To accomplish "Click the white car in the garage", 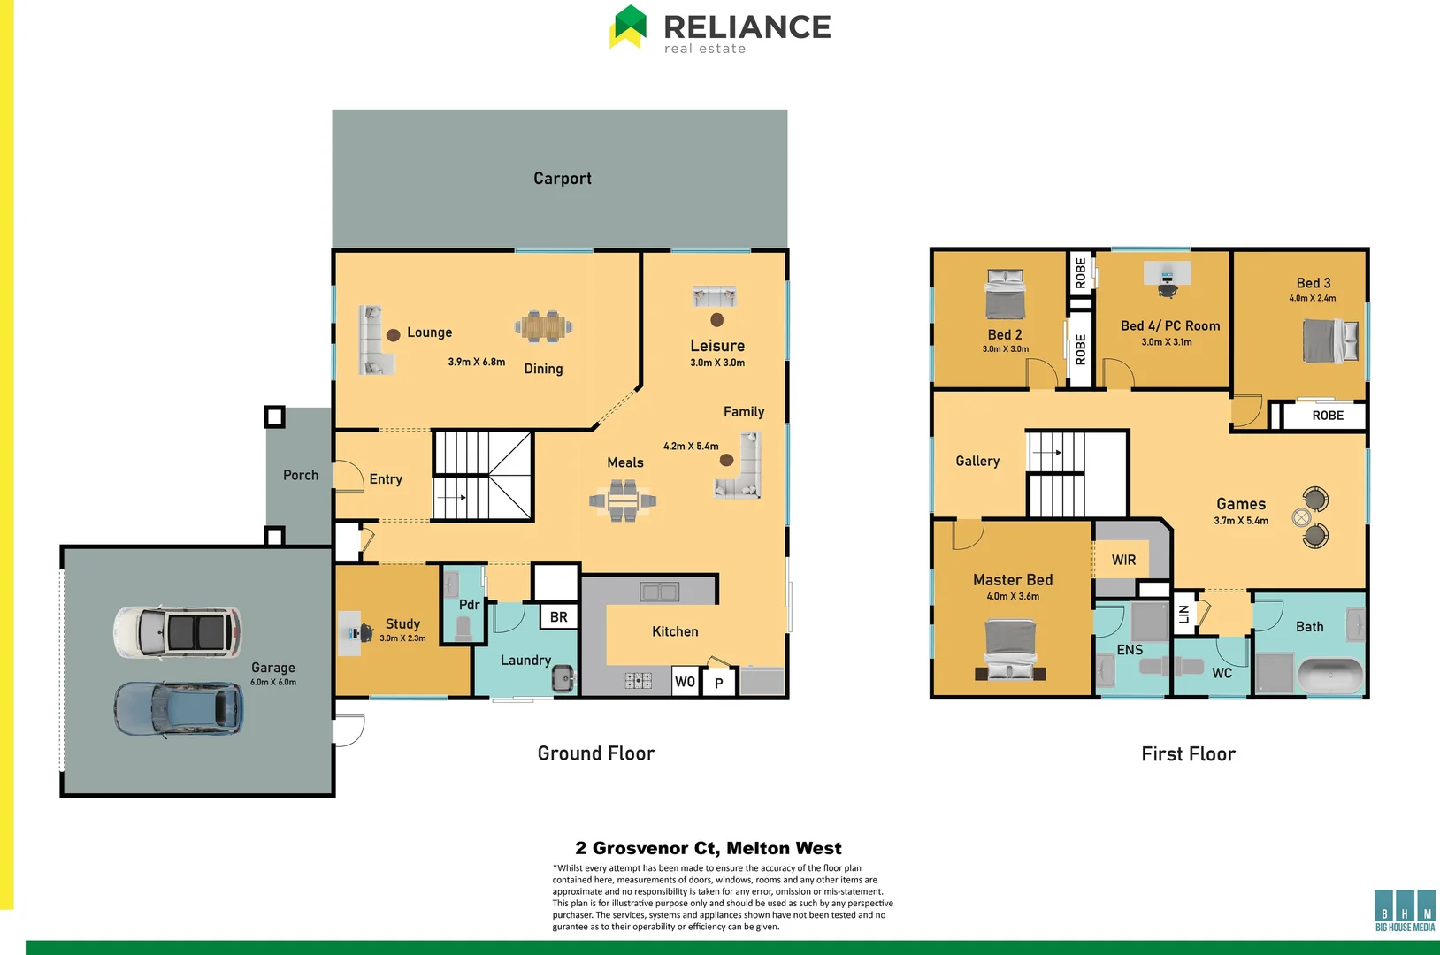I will pyautogui.click(x=177, y=632).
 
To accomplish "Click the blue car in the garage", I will pyautogui.click(x=178, y=709).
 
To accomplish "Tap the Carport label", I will pyautogui.click(x=562, y=179).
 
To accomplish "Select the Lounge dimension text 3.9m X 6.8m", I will pyautogui.click(x=476, y=362).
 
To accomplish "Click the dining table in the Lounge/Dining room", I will pyautogui.click(x=543, y=326).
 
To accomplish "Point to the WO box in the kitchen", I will pyautogui.click(x=685, y=682).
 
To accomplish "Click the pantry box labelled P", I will pyautogui.click(x=718, y=683).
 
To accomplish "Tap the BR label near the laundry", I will pyautogui.click(x=558, y=617).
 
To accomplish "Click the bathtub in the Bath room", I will pyautogui.click(x=1330, y=676).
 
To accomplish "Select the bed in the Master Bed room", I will pyautogui.click(x=1010, y=649).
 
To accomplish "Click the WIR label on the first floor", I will pyautogui.click(x=1123, y=560).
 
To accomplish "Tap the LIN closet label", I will pyautogui.click(x=1184, y=614).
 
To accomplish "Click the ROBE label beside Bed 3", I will pyautogui.click(x=1327, y=416).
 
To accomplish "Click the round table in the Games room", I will pyautogui.click(x=1301, y=518).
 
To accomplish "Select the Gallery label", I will pyautogui.click(x=977, y=461).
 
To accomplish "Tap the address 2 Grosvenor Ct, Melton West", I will pyautogui.click(x=708, y=848).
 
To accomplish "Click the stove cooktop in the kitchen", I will pyautogui.click(x=638, y=680).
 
